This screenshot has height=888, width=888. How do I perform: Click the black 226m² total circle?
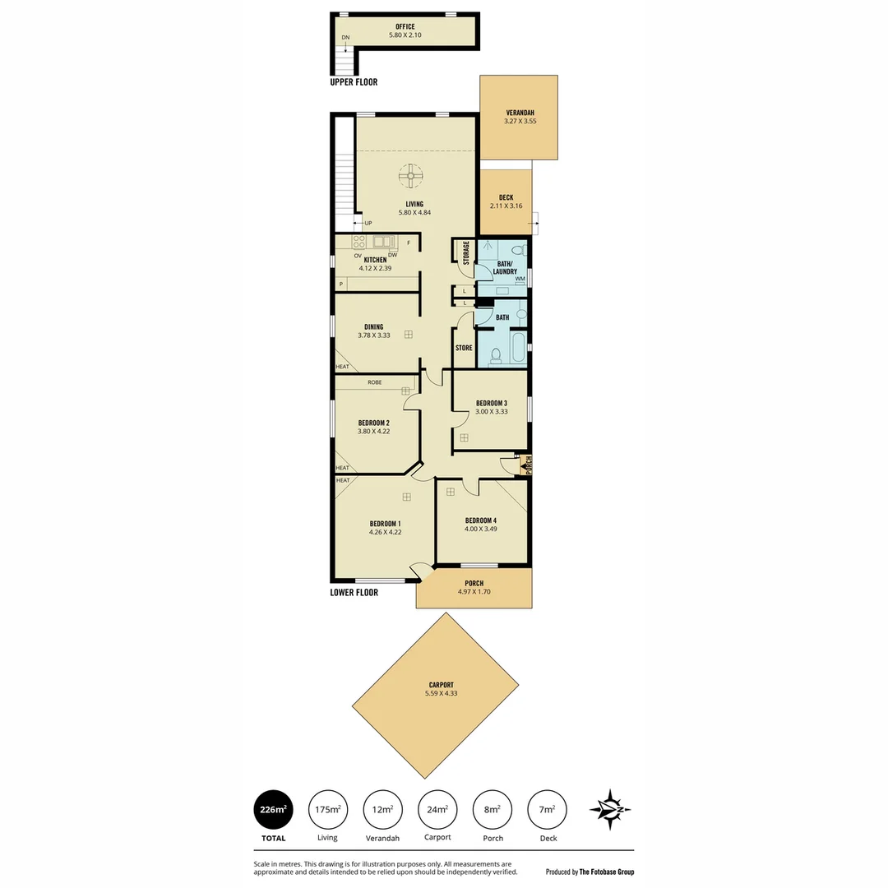(x=274, y=810)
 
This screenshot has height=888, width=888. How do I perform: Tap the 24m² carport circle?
(x=437, y=810)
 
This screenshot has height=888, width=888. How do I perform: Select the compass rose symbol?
(x=610, y=809)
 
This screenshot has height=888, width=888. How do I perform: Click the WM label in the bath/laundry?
(x=520, y=280)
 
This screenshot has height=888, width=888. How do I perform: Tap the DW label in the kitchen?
(x=393, y=255)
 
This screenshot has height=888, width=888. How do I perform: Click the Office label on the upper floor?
(x=405, y=27)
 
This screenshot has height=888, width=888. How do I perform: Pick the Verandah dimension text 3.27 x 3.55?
(x=520, y=122)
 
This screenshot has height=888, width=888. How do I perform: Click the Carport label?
(x=441, y=685)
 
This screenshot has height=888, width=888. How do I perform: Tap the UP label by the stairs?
(x=368, y=223)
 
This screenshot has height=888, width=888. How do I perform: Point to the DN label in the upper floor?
(x=345, y=37)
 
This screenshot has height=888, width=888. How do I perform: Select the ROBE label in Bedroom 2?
(x=374, y=382)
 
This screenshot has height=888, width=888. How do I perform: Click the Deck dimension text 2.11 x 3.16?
(x=506, y=206)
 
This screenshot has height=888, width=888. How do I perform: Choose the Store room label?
(x=464, y=348)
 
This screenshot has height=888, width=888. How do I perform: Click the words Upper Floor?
(x=354, y=83)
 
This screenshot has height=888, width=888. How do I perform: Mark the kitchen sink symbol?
(x=382, y=242)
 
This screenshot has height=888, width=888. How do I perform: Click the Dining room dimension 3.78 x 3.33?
(x=374, y=335)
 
